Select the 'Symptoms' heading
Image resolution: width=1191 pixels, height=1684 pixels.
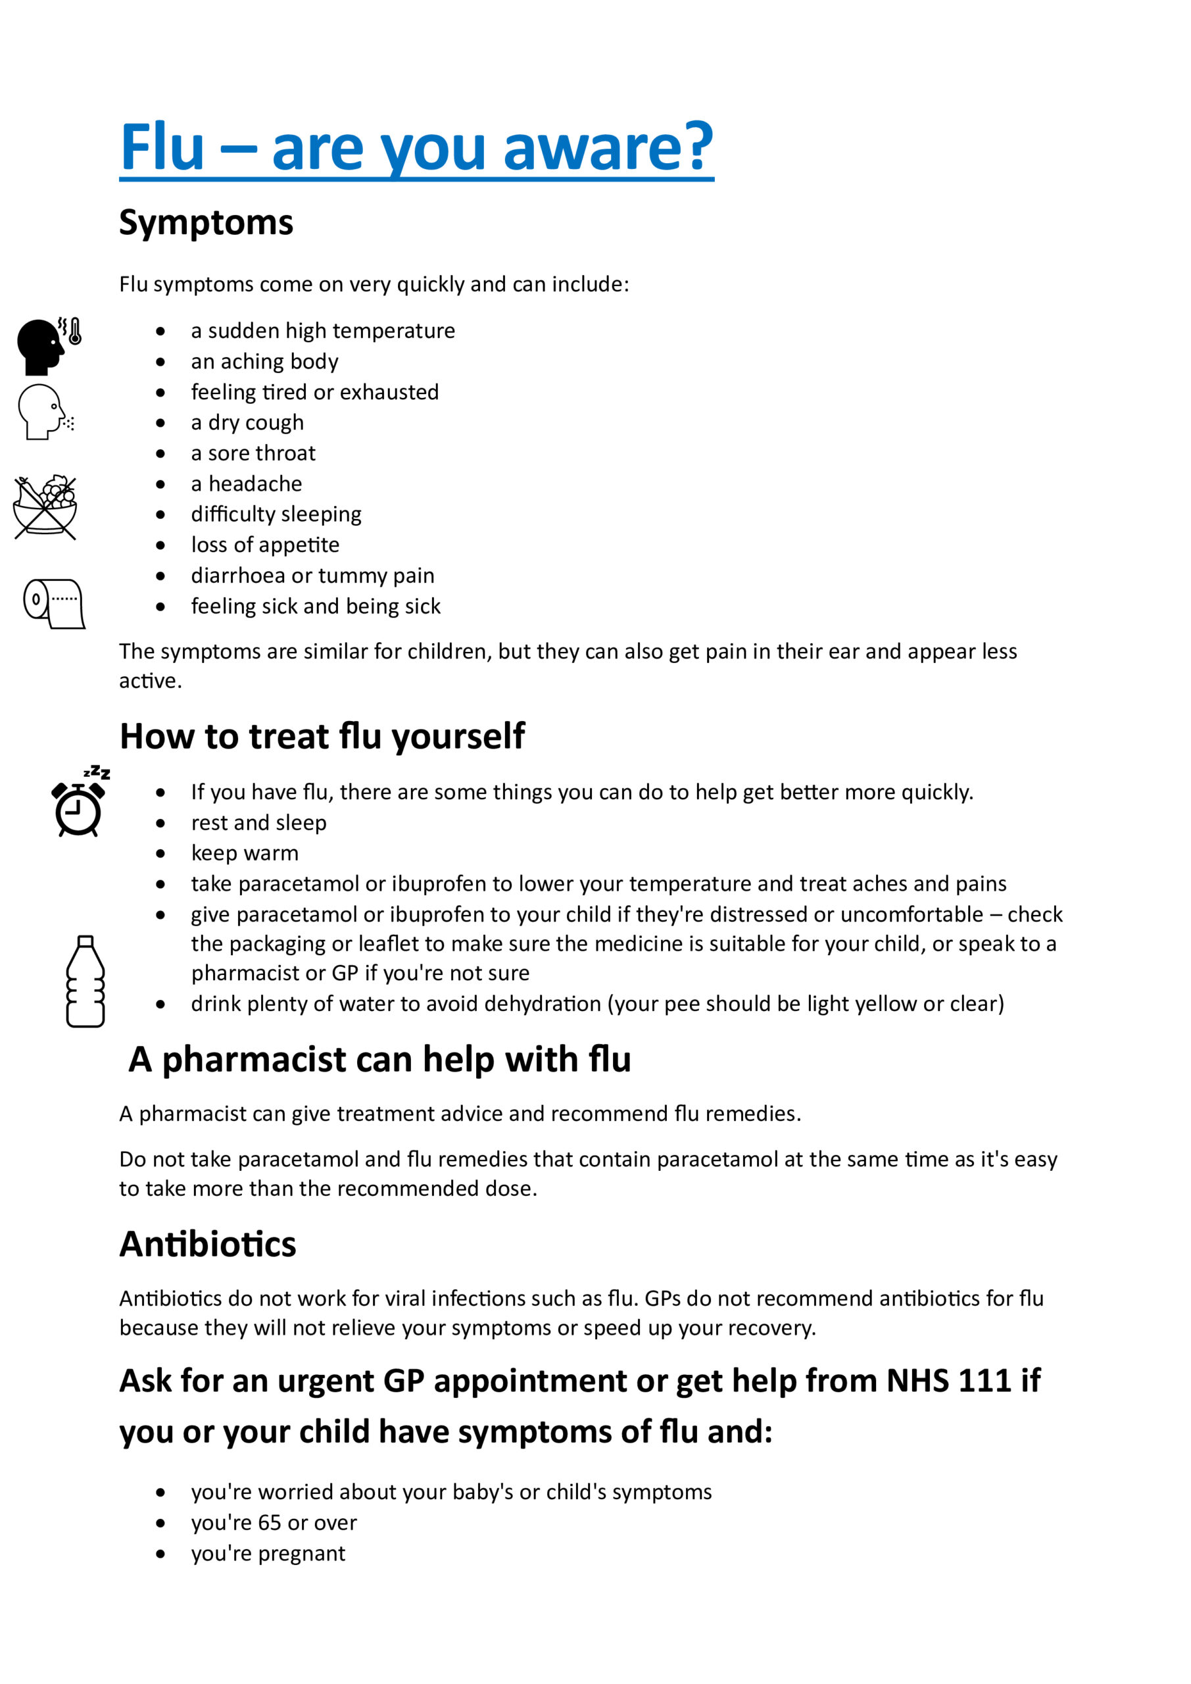point(206,222)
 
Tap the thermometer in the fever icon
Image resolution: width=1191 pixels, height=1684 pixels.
point(74,332)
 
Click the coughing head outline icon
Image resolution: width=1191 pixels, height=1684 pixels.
point(44,412)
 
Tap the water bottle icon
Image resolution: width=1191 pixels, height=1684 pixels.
point(85,981)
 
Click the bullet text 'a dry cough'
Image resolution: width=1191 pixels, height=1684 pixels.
point(247,422)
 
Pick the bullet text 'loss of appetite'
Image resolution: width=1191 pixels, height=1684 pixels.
point(265,545)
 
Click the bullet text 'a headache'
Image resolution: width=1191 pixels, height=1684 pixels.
point(247,484)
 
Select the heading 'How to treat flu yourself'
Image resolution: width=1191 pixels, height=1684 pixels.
point(322,736)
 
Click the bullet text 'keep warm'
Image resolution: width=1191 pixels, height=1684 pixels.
point(244,853)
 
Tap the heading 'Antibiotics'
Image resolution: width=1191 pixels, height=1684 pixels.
point(208,1244)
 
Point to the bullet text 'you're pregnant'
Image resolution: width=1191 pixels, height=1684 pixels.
point(268,1554)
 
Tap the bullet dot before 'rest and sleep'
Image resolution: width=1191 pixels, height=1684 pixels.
point(160,823)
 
